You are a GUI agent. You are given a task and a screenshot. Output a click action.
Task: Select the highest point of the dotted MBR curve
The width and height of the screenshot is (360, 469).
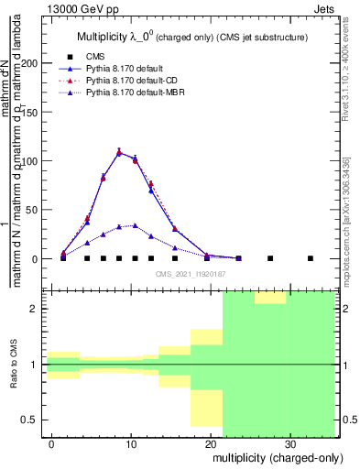click(x=135, y=225)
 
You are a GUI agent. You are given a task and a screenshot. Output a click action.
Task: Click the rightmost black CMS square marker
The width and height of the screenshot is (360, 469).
click(x=311, y=258)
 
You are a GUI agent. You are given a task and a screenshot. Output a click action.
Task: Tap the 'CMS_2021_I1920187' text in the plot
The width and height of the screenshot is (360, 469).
click(x=191, y=273)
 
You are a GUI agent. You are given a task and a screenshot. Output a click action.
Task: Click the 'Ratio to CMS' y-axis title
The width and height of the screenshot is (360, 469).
click(x=14, y=364)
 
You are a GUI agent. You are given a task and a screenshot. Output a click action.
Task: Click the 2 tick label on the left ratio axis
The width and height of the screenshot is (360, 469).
click(x=38, y=309)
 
